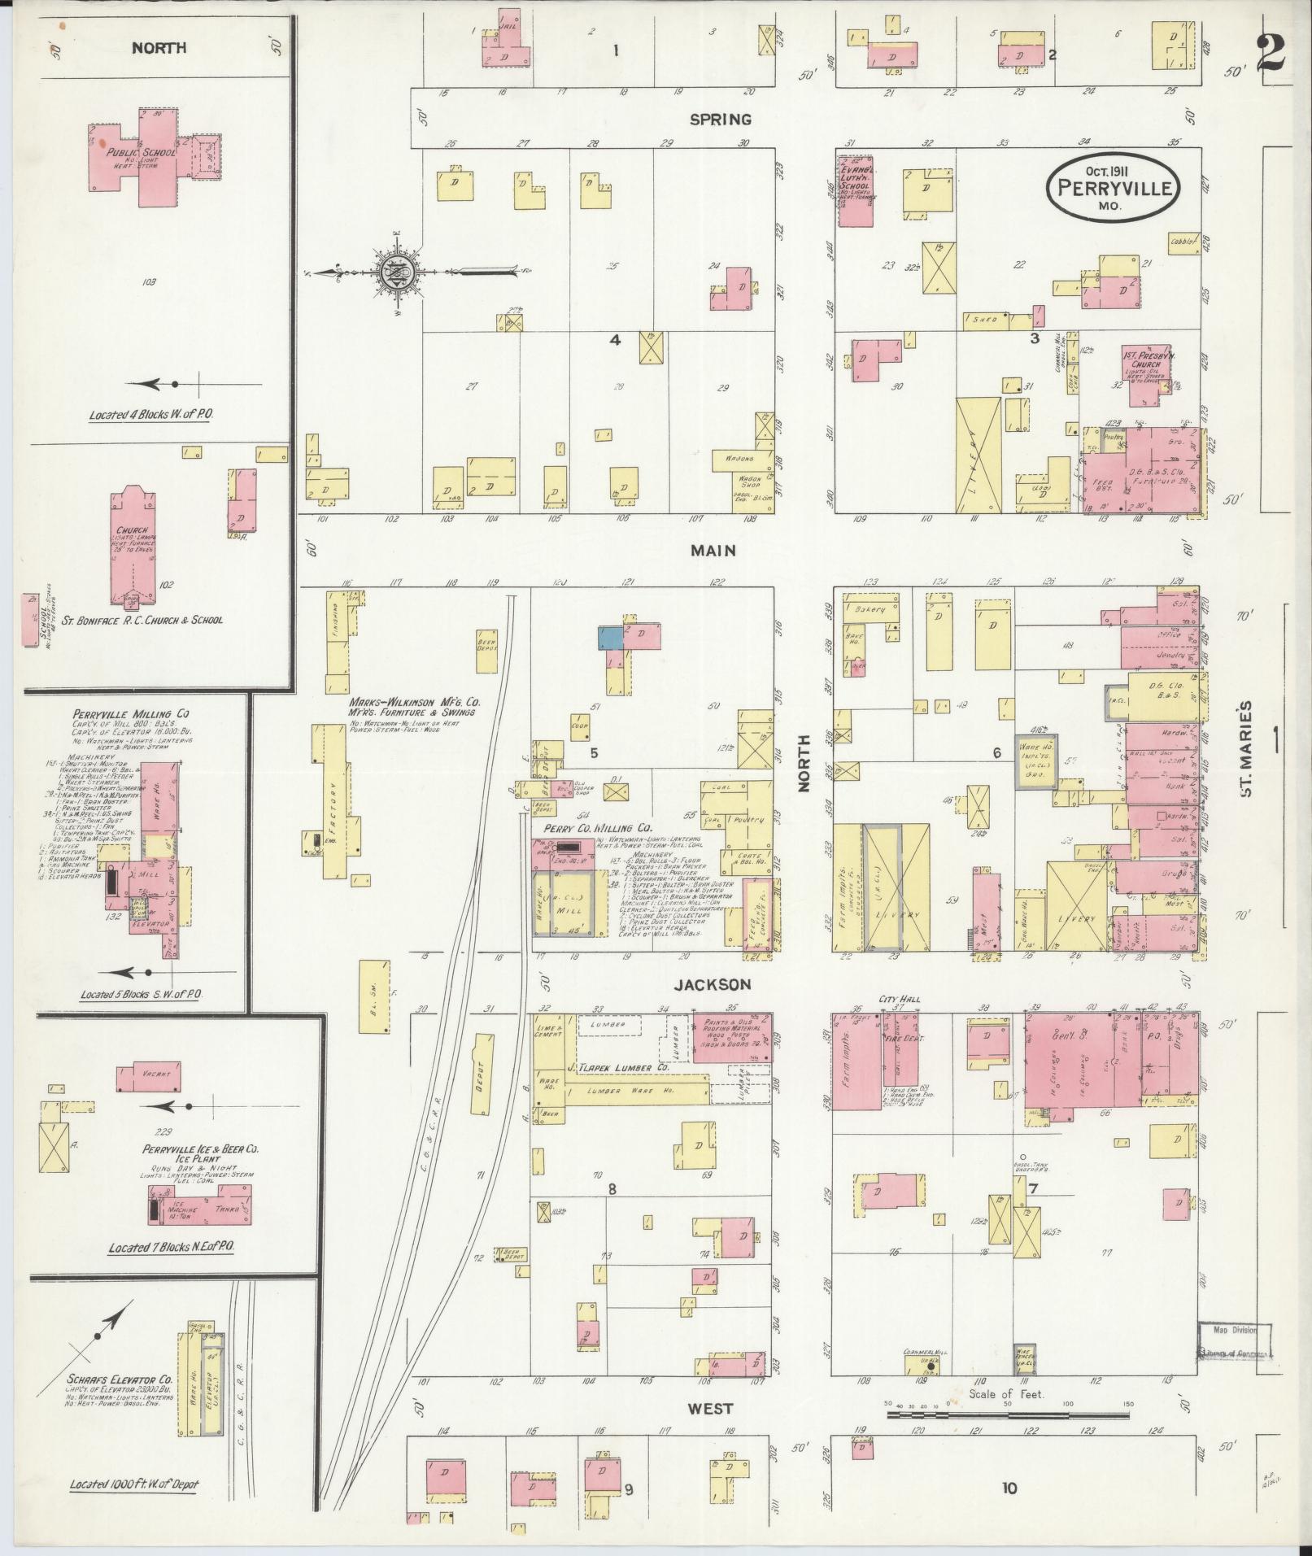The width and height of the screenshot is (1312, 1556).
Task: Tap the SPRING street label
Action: [720, 120]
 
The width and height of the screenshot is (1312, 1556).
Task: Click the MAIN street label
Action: [713, 551]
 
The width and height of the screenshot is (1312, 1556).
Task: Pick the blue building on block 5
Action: [611, 637]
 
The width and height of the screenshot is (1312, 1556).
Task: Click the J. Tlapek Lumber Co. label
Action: [619, 1066]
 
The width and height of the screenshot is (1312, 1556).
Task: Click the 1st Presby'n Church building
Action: [1145, 365]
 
